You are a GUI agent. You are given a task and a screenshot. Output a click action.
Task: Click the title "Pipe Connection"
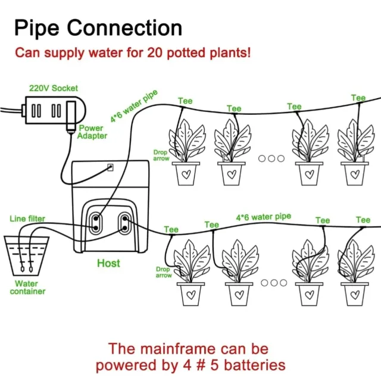98,27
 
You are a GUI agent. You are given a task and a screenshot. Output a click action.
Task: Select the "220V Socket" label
54,88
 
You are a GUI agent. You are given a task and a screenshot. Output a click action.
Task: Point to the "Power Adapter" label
92,132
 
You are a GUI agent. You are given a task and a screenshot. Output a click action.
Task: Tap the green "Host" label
108,263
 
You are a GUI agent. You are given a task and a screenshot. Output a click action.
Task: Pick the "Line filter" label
27,218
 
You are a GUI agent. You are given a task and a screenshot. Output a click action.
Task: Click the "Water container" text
27,288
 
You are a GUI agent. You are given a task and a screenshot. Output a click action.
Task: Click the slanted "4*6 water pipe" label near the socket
134,105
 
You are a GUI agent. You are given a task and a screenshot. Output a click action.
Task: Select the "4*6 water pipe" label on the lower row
263,217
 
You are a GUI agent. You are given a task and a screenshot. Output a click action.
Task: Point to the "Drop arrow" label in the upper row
161,155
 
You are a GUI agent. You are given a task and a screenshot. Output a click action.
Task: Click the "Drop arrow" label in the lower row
164,272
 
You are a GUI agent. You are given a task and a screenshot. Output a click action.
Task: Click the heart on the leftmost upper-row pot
186,174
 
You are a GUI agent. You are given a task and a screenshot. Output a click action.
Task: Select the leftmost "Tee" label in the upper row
185,101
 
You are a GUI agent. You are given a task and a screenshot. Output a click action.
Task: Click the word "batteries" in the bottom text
251,364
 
